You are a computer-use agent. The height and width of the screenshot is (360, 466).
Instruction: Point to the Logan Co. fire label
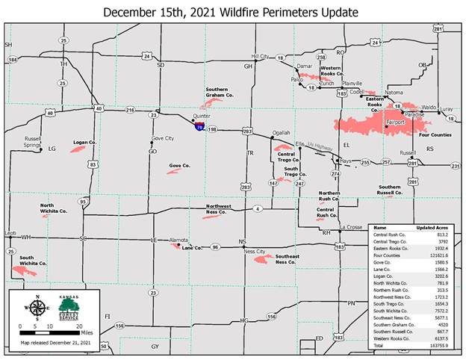(84, 142)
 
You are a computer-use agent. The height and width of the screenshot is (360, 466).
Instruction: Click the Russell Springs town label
(33, 142)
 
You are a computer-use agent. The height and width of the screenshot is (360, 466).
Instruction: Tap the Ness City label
(255, 252)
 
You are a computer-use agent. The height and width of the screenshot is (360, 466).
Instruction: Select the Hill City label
(260, 56)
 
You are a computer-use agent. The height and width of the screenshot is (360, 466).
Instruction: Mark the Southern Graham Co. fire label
(220, 93)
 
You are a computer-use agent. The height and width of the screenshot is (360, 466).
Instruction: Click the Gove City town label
(162, 138)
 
